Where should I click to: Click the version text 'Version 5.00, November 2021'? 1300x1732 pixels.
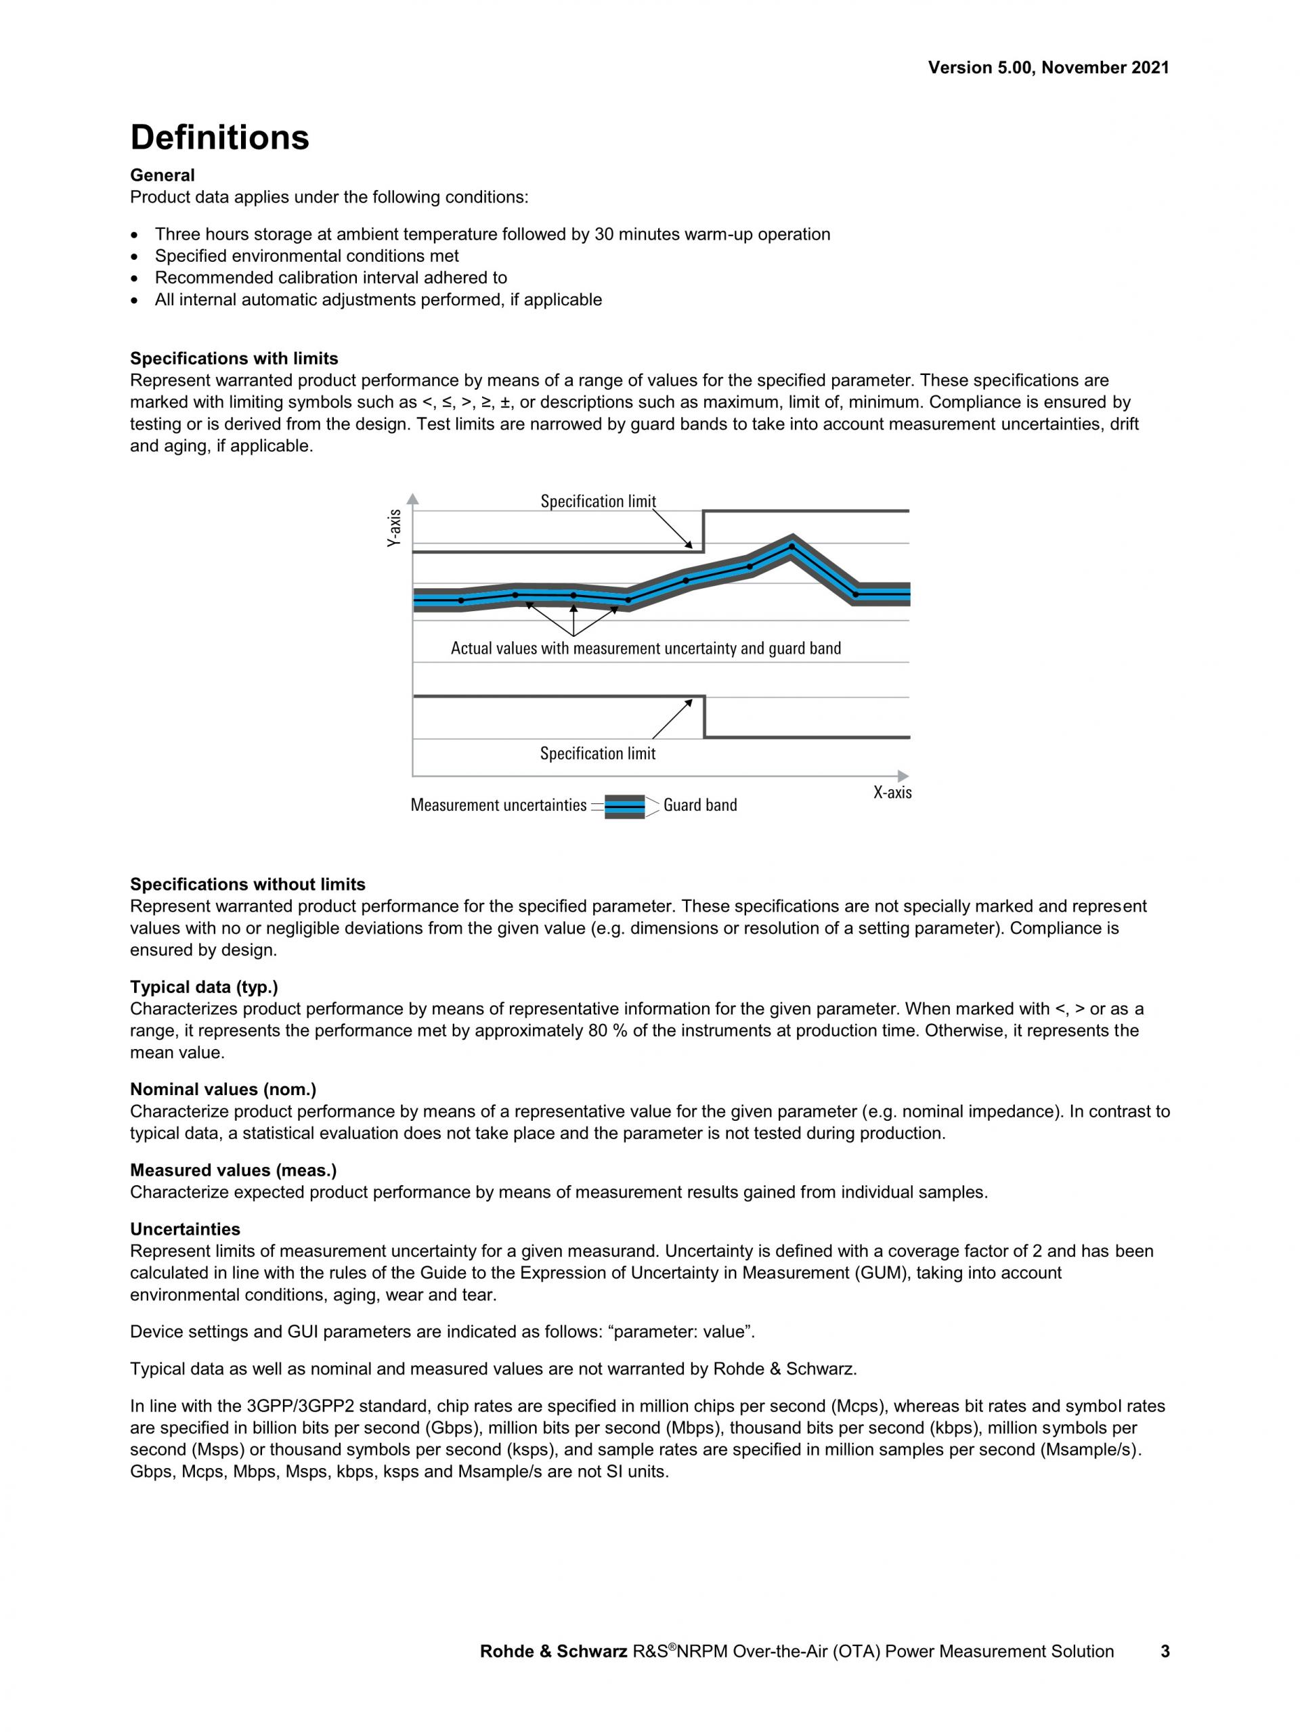1048,68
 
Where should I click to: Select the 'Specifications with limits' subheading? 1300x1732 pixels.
234,359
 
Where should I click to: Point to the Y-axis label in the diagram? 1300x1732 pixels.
395,528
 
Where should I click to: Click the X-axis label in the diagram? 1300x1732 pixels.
892,793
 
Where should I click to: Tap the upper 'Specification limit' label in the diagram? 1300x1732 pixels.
598,501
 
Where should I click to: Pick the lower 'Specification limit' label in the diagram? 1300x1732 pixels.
598,753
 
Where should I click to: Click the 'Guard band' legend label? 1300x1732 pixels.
699,805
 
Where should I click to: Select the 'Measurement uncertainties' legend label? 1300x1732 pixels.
498,805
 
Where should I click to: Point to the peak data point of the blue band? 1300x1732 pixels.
791,546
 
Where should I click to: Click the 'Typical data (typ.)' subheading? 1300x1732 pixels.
204,987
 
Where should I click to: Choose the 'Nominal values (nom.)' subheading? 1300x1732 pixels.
222,1089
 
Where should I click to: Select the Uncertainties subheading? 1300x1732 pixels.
185,1229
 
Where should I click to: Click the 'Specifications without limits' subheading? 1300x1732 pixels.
247,884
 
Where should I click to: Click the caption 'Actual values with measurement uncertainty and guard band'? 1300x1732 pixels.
645,648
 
